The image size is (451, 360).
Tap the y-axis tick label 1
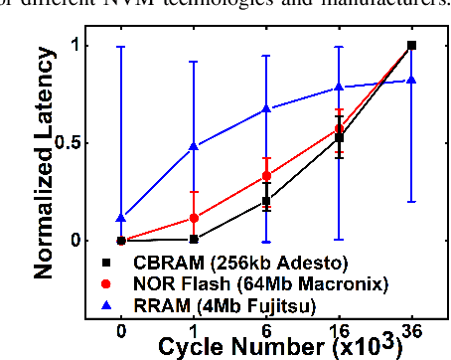coord(75,45)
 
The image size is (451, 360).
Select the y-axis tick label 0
coord(75,240)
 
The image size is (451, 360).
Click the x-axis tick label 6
coord(266,328)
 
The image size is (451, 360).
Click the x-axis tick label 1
coord(194,328)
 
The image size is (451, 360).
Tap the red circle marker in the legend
coord(106,281)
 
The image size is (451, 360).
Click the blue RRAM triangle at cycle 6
coord(266,108)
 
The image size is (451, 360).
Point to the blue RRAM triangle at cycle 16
coord(339,88)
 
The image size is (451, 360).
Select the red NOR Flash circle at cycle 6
coord(266,176)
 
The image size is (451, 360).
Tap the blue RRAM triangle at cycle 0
coord(121,218)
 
